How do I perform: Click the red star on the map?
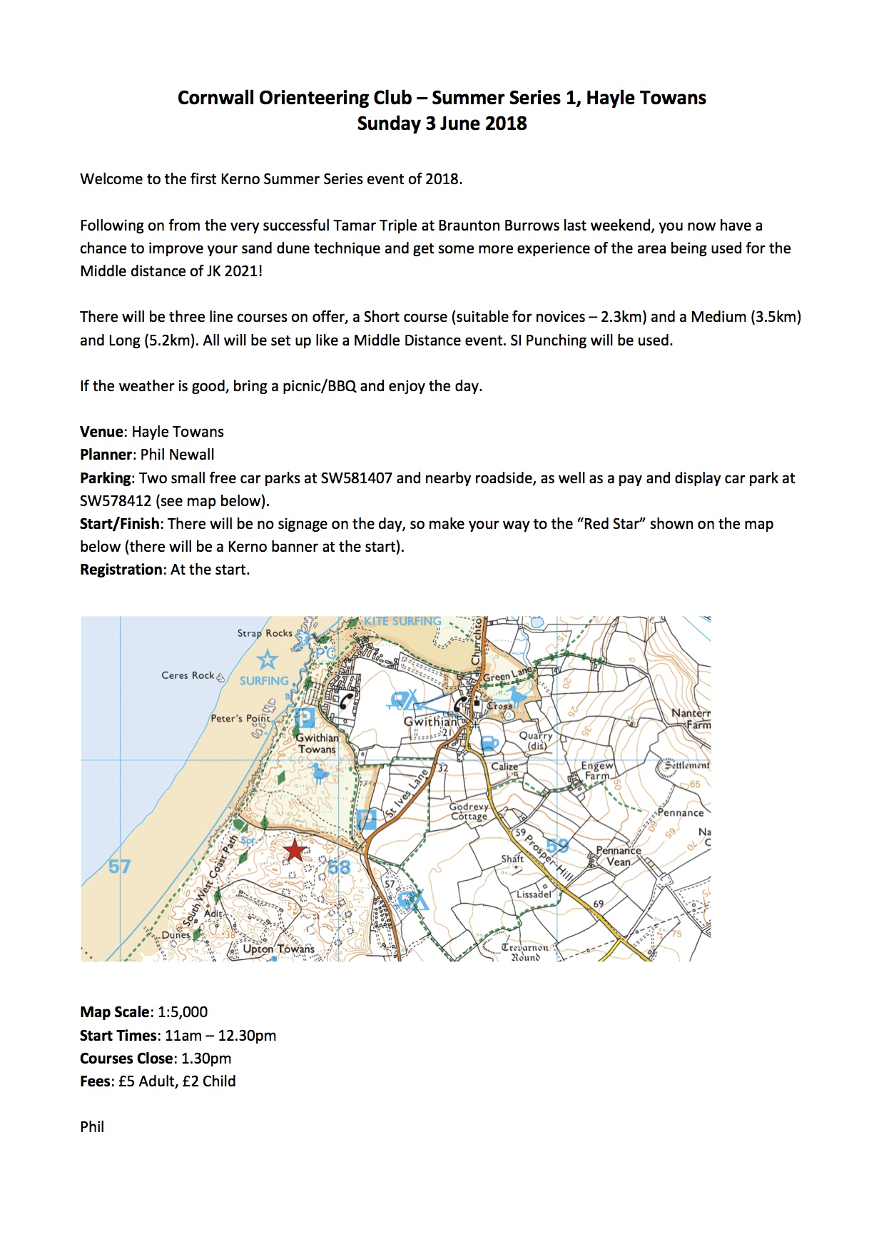[x=295, y=850]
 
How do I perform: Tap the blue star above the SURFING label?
[x=268, y=659]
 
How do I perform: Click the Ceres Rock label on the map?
[x=188, y=675]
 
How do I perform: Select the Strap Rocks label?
[x=265, y=633]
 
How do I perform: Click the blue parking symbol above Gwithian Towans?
[x=305, y=717]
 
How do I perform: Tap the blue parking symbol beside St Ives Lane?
[x=367, y=819]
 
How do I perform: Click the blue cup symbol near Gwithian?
[x=489, y=743]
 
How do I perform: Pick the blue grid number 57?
[x=119, y=867]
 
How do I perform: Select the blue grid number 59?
[x=557, y=846]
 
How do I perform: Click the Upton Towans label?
[x=278, y=949]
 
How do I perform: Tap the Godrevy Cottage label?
[x=469, y=812]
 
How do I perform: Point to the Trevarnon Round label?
[x=525, y=952]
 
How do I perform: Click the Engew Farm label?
[x=597, y=770]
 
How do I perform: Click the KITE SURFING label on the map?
[x=402, y=622]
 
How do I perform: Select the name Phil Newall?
[x=177, y=455]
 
